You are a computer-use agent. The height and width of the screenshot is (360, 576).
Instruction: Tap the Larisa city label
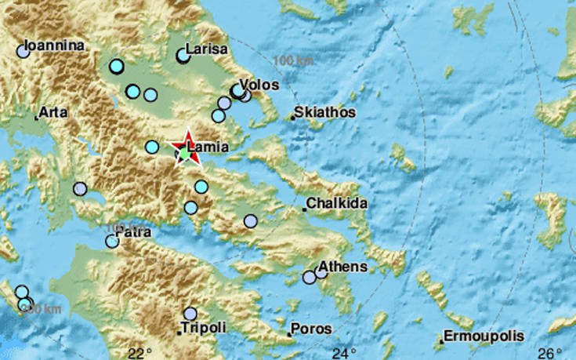coord(206,49)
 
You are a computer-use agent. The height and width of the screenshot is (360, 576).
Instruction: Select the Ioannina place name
coord(54,46)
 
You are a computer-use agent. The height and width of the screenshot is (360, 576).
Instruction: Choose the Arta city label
coord(54,113)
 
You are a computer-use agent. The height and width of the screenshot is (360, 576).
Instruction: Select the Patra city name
coord(132,233)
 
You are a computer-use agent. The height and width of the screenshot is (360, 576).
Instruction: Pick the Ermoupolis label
coord(484,336)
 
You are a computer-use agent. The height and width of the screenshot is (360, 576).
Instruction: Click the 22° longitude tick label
coord(139,351)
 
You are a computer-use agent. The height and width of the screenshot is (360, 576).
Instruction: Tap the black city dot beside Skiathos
coord(292,118)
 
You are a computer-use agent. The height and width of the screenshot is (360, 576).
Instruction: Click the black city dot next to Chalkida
coord(304,209)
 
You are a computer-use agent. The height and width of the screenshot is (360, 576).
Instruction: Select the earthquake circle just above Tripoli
coord(190,313)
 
